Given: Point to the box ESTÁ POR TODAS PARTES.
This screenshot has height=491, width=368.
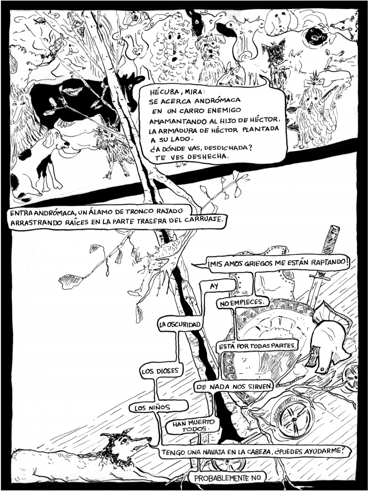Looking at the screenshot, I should click(257, 346).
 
